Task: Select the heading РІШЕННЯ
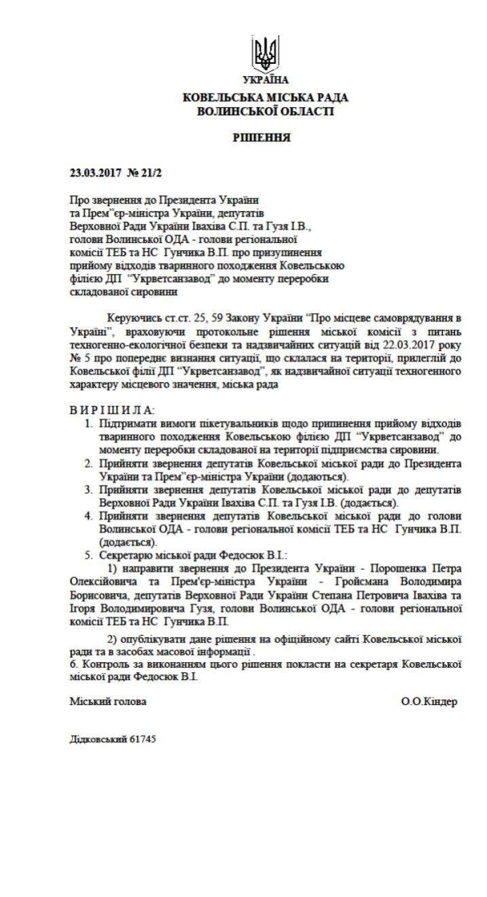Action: pyautogui.click(x=261, y=138)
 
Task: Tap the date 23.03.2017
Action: pyautogui.click(x=94, y=172)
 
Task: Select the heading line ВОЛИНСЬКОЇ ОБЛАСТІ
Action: pyautogui.click(x=265, y=111)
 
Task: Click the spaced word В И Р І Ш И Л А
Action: pyautogui.click(x=112, y=411)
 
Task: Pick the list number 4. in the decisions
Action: pyautogui.click(x=90, y=516)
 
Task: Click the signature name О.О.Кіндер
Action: pyautogui.click(x=429, y=702)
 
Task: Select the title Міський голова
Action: pyautogui.click(x=108, y=702)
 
